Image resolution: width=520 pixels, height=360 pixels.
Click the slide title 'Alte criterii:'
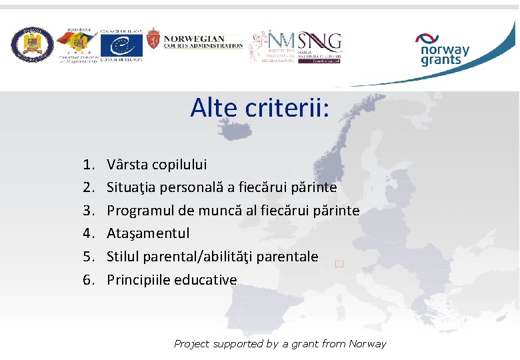[x=259, y=107]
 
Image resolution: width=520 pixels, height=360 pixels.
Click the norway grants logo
[x=443, y=50]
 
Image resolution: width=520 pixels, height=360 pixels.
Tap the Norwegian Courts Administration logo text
[x=203, y=42]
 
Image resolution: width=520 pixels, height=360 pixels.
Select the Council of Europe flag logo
[x=121, y=45]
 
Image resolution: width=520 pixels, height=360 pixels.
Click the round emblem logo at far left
[x=31, y=45]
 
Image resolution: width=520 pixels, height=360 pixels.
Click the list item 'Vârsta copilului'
[x=157, y=164]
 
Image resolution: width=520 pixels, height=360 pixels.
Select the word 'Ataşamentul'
[x=148, y=233]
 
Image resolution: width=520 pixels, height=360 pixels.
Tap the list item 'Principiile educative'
[x=171, y=279]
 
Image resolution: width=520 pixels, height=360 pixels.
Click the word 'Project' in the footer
[x=191, y=344]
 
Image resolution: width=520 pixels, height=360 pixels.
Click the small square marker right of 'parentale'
[x=339, y=264]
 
